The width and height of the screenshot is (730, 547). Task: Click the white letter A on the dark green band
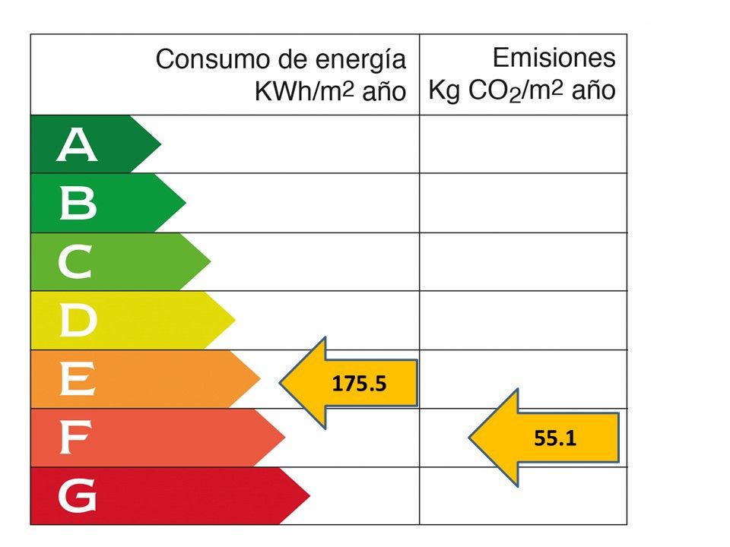[x=77, y=145]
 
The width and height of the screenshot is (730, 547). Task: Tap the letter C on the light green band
[x=75, y=263]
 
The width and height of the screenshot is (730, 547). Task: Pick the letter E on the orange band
[x=77, y=380]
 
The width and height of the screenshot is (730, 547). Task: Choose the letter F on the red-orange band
[x=75, y=438]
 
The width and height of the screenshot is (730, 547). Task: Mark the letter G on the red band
[x=77, y=497]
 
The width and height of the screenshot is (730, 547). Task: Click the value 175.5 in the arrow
[x=360, y=383]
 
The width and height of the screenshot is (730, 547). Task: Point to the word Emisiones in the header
[x=554, y=58]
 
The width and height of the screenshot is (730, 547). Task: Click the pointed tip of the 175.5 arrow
[x=281, y=382]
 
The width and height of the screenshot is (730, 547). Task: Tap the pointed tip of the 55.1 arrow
[x=470, y=438]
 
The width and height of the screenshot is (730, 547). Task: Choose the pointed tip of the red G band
[x=309, y=496]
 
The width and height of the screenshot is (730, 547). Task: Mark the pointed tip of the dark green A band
[x=160, y=144]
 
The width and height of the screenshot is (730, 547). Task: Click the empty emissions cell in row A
[x=523, y=144]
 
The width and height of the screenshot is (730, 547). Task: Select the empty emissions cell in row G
[x=523, y=496]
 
